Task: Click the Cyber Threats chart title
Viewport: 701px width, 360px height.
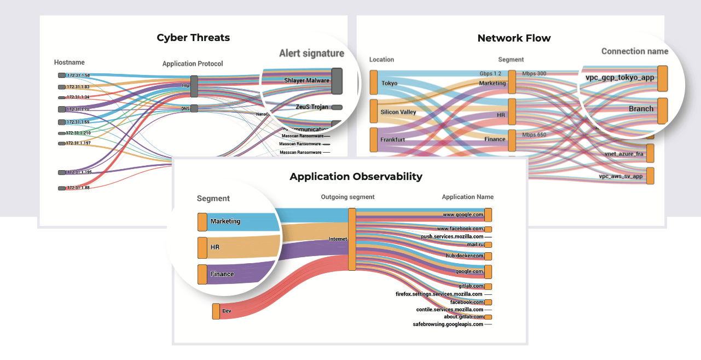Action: click(x=193, y=38)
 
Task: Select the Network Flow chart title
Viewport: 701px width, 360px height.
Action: click(x=514, y=38)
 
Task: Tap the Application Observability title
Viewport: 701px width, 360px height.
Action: click(x=356, y=177)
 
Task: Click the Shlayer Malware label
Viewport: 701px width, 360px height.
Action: click(x=306, y=80)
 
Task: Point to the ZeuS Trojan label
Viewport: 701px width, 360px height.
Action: click(x=312, y=107)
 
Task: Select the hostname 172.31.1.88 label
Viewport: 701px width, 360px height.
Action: click(x=78, y=188)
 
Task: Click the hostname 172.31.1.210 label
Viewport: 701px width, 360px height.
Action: click(x=78, y=133)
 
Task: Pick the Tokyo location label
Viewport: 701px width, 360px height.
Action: click(x=389, y=83)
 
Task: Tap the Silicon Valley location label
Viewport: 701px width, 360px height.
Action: click(x=398, y=112)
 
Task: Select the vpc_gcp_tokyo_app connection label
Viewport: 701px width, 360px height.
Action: click(x=619, y=78)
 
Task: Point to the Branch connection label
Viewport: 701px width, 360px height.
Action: click(x=641, y=109)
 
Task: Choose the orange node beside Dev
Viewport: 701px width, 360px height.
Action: click(x=216, y=311)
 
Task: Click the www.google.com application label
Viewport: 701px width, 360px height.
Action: click(x=463, y=215)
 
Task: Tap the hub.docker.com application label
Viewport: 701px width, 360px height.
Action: click(x=465, y=256)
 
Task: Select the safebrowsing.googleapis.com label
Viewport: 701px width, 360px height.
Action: click(x=448, y=324)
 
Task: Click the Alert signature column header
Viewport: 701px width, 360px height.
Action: click(x=311, y=53)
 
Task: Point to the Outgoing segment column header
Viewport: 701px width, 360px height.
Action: click(x=347, y=197)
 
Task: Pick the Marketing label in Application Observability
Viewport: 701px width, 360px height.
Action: click(x=225, y=222)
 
